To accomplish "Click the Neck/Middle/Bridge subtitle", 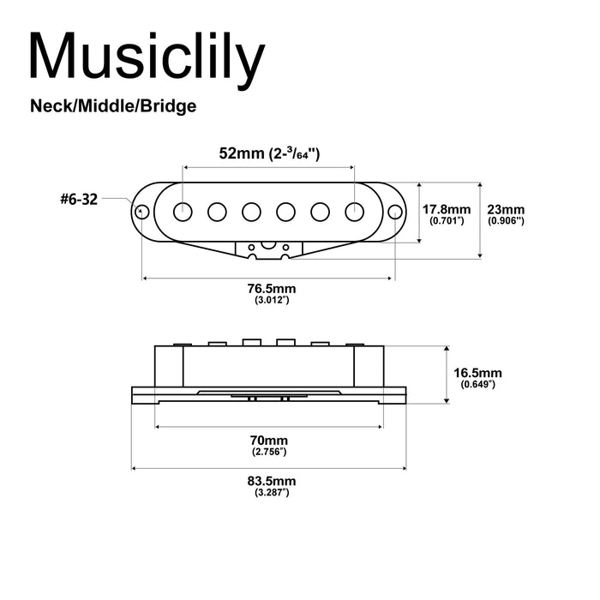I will point(113,106).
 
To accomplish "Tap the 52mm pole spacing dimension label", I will point(269,153).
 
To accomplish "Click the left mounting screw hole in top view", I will point(142,211).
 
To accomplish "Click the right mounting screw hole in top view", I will point(394,211).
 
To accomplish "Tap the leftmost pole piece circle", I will point(183,211).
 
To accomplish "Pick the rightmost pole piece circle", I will point(354,211).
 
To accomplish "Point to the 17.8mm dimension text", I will point(447,209).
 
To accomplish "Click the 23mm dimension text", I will point(505,209).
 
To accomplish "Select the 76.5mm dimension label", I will point(270,290).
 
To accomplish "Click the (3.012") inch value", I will point(270,302).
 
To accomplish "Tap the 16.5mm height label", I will point(477,373).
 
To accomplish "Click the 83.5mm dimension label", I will point(270,481).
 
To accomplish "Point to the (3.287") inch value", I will point(270,493).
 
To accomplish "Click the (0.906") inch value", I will point(505,221).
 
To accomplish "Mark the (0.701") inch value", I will point(447,221).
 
